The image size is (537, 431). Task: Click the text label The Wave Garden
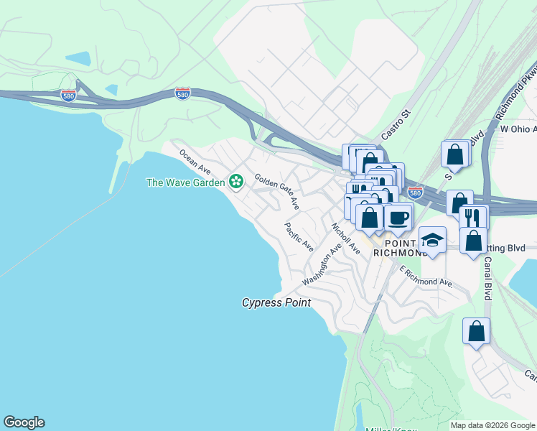(x=185, y=182)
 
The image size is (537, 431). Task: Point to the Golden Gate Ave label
(x=276, y=191)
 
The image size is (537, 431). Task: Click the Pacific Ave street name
(x=299, y=237)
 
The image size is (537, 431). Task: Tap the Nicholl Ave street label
(x=345, y=238)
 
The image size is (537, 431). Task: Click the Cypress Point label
(x=276, y=303)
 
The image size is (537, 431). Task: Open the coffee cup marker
(x=398, y=217)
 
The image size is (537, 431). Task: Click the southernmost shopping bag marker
(x=476, y=332)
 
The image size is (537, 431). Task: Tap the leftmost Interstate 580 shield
(x=68, y=96)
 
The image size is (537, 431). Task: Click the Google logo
(x=24, y=422)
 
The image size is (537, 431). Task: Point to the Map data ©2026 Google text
(x=492, y=425)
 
